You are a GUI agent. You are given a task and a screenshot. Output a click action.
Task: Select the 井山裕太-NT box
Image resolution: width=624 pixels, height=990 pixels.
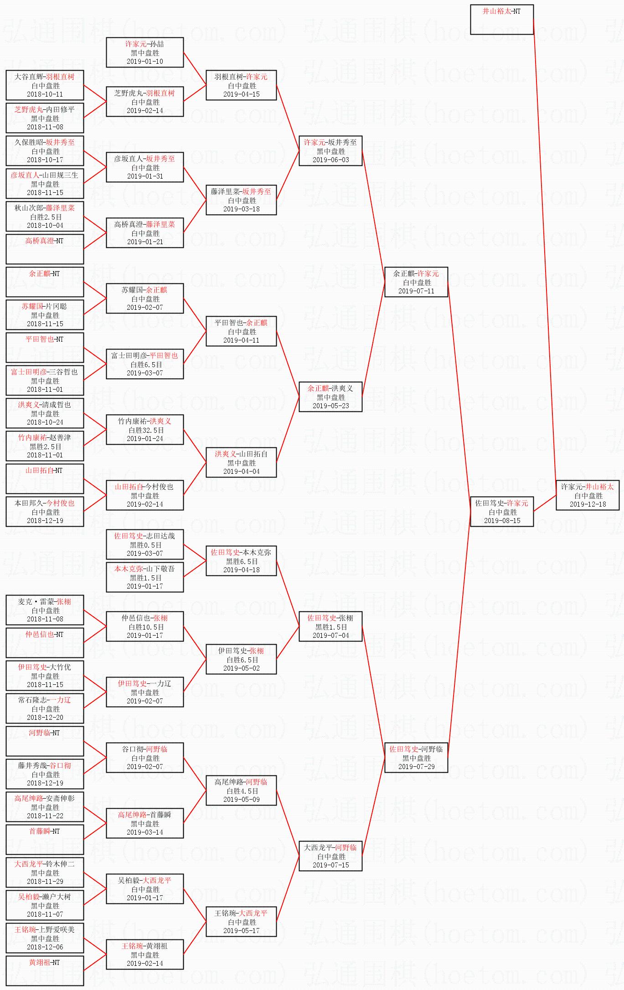pyautogui.click(x=501, y=20)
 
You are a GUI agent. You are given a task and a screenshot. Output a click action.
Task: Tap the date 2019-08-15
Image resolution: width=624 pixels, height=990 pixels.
pyautogui.click(x=502, y=521)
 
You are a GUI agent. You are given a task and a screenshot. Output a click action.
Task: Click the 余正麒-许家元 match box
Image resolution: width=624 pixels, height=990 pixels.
pyautogui.click(x=416, y=282)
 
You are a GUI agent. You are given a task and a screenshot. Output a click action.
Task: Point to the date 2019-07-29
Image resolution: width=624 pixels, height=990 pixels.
pyautogui.click(x=416, y=767)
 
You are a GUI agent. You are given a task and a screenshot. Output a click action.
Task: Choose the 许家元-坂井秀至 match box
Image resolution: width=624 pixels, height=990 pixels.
pyautogui.click(x=330, y=151)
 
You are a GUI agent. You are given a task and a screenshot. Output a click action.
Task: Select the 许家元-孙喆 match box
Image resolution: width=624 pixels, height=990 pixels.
pyautogui.click(x=145, y=52)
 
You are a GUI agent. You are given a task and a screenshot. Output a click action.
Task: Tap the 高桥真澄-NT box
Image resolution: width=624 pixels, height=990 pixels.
pyautogui.click(x=45, y=249)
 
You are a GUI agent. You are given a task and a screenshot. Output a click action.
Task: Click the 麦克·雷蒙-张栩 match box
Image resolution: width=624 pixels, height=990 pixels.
pyautogui.click(x=45, y=610)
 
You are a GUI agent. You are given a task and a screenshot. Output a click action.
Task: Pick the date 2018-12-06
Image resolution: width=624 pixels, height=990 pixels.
pyautogui.click(x=45, y=947)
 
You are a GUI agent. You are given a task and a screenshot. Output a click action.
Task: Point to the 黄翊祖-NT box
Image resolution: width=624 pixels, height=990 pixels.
pyautogui.click(x=45, y=970)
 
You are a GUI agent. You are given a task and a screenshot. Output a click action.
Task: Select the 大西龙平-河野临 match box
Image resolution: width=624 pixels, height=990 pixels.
pyautogui.click(x=330, y=856)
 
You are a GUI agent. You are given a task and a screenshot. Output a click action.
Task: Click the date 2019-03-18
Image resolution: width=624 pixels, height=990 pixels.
pyautogui.click(x=241, y=209)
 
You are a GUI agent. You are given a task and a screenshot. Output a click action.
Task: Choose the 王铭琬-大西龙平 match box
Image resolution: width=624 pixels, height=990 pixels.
pyautogui.click(x=241, y=922)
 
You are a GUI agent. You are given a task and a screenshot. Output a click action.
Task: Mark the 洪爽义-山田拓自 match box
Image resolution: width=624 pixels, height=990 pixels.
pyautogui.click(x=241, y=462)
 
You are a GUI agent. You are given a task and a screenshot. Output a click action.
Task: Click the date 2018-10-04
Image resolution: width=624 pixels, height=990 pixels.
pyautogui.click(x=45, y=226)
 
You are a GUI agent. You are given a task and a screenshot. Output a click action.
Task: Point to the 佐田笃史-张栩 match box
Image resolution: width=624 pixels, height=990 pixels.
pyautogui.click(x=330, y=626)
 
